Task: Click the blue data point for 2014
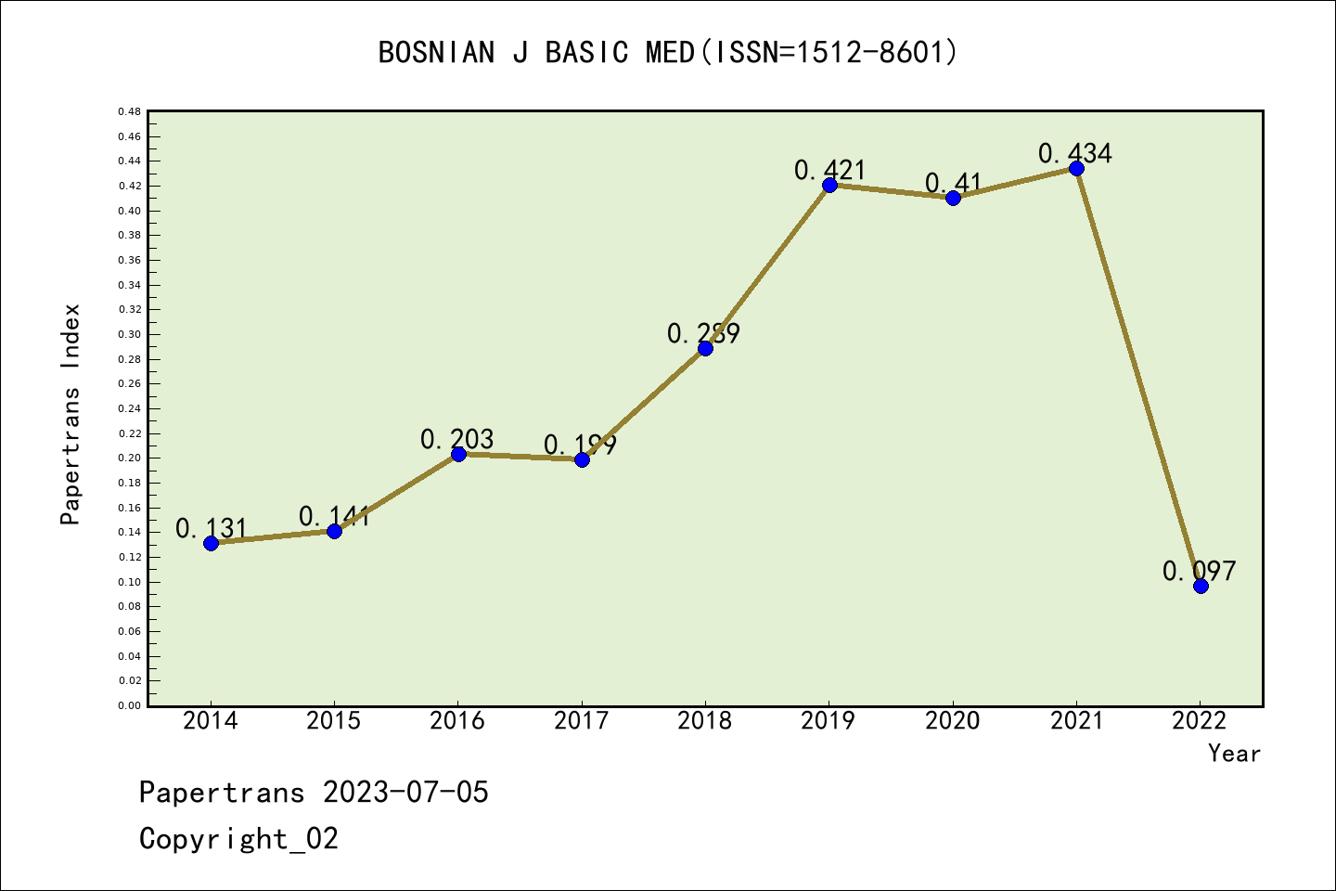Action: [211, 543]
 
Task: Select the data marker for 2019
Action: [829, 185]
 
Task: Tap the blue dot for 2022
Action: [1201, 586]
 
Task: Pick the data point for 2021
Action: [1076, 168]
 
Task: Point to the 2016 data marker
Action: [458, 454]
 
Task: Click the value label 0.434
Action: [1074, 153]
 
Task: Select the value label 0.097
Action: [1199, 571]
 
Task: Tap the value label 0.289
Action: [703, 333]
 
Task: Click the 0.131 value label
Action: [212, 528]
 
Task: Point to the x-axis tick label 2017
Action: [582, 720]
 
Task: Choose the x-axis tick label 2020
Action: [952, 720]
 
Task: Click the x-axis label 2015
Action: [334, 720]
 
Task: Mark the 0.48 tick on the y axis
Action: [129, 111]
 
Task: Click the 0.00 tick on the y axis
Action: [129, 705]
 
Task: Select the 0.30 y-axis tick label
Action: [129, 334]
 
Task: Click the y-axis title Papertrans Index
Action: [71, 414]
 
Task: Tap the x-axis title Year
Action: [1234, 754]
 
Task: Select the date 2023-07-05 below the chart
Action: [405, 793]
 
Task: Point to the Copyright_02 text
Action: [238, 839]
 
